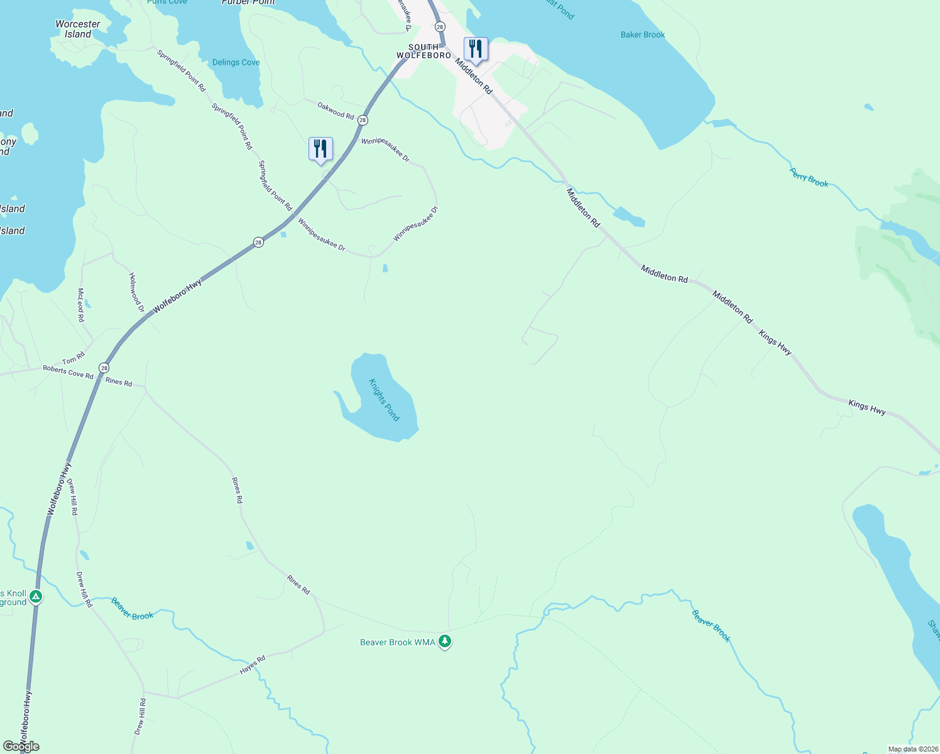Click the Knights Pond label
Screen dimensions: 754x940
[384, 400]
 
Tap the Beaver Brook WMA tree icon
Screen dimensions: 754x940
[445, 642]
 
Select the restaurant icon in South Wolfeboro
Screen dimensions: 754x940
[476, 49]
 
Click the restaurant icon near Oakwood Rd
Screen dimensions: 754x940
[320, 149]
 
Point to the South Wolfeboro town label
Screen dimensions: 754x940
[424, 52]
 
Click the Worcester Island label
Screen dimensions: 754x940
[78, 29]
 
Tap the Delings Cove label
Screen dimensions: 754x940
[236, 62]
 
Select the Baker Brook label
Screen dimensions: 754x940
[642, 35]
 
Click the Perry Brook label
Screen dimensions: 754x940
[809, 178]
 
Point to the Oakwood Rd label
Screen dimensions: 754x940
[336, 111]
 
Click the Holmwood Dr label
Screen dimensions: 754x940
[136, 292]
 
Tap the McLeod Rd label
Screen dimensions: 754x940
[81, 305]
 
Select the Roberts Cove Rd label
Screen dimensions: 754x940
[68, 372]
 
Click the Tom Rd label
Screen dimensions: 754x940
[73, 359]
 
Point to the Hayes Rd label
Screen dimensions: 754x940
[253, 665]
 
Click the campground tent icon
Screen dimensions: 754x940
[36, 596]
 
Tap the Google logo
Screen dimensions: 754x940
[21, 746]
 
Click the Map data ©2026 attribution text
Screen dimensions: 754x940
[912, 749]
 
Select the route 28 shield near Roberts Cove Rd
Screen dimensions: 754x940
[104, 368]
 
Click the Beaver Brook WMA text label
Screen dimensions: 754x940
[397, 642]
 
